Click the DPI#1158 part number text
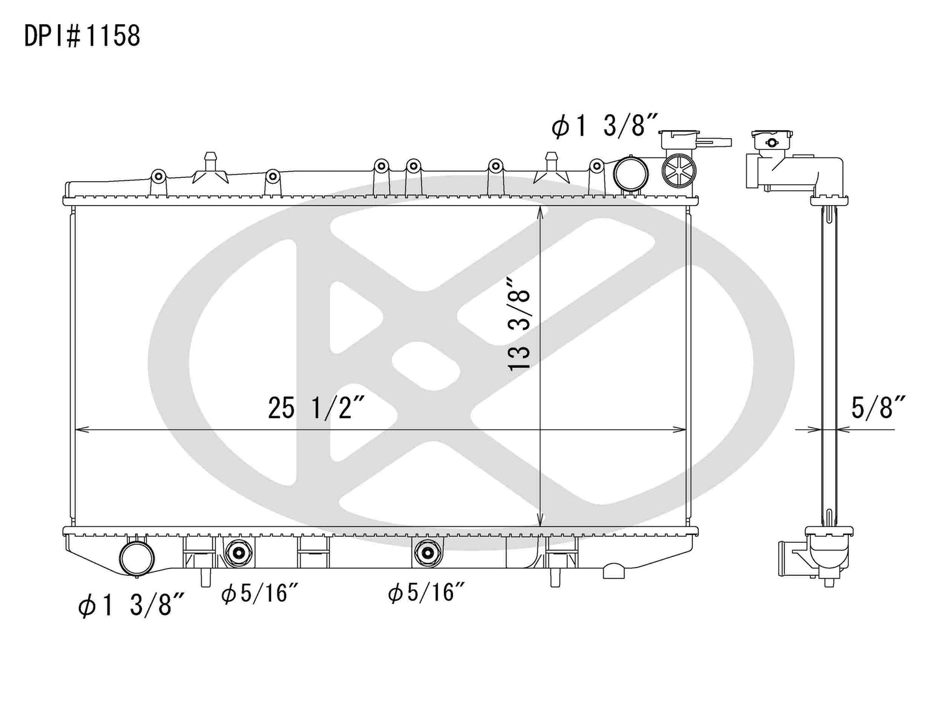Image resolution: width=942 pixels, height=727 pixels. point(82,36)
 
